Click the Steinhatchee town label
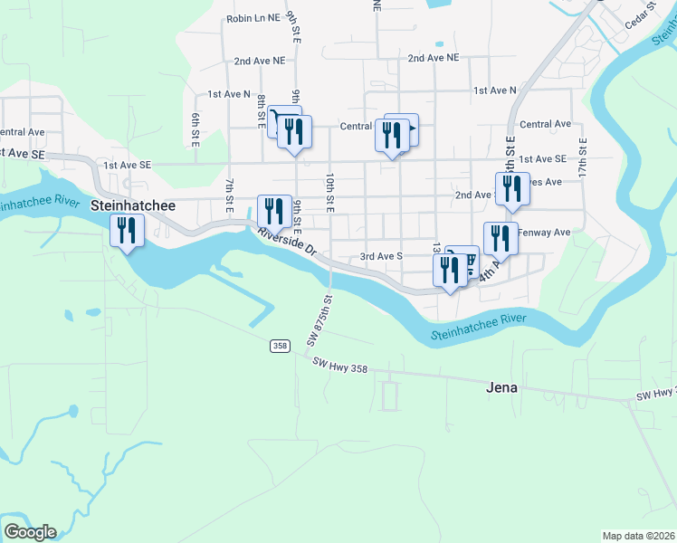coord(134,206)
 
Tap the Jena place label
coord(498,387)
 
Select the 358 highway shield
coord(279,346)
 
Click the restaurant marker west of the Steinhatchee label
coord(128,230)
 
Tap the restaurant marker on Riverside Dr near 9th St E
coord(273,211)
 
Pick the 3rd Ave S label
coord(381,256)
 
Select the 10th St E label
coord(330,192)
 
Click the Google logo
coord(30,532)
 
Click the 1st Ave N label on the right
coord(494,90)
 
